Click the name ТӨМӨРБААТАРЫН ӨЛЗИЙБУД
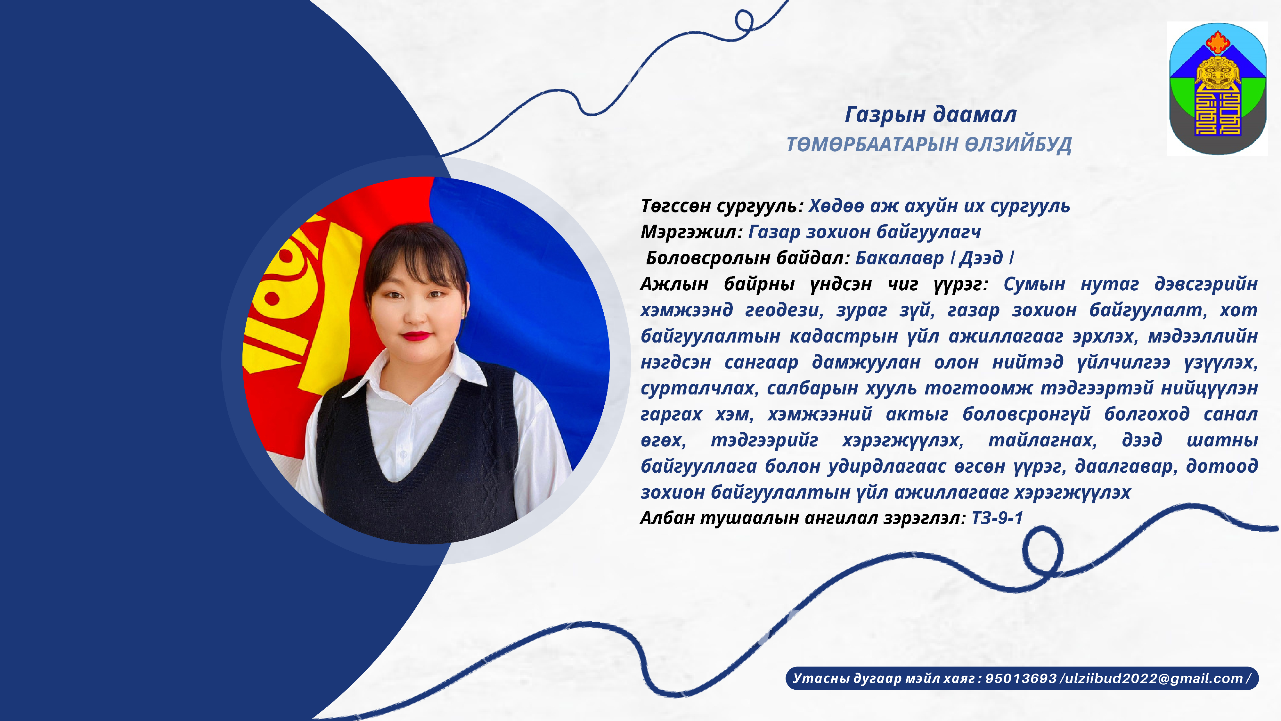coord(929,145)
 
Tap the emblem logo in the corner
coord(1217,88)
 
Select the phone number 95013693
coord(1021,678)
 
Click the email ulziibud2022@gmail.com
coord(1152,678)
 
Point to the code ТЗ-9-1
coord(997,518)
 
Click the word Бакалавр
coord(899,258)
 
